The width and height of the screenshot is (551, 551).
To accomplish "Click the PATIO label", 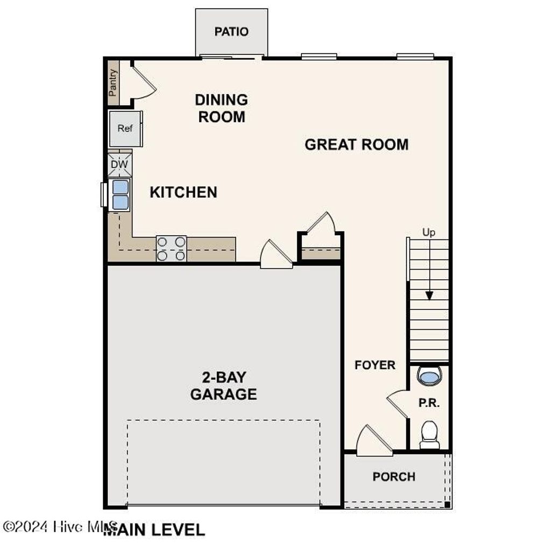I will click(231, 32).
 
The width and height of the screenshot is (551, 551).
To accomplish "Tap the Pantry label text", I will click(113, 83).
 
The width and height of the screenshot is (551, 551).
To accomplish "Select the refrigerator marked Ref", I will click(125, 129).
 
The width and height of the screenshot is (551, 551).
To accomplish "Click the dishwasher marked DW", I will click(119, 164).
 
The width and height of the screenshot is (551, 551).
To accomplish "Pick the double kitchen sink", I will click(120, 194).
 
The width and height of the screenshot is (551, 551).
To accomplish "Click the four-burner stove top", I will click(171, 249).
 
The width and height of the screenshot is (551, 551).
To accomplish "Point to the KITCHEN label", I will click(183, 192).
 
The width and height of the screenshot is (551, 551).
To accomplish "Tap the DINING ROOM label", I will click(221, 108).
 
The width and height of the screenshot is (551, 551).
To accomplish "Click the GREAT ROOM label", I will click(356, 144).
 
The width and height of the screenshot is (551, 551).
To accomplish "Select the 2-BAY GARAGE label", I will click(223, 385).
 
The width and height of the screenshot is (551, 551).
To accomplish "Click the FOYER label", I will click(375, 365).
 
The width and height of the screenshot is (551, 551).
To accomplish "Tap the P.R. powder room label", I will click(429, 403).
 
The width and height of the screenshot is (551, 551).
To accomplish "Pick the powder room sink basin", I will click(429, 376).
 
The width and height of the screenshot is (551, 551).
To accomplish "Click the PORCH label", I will click(394, 477).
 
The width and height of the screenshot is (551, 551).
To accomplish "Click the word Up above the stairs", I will click(428, 232).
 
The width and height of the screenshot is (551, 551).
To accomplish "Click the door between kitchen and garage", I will click(276, 255).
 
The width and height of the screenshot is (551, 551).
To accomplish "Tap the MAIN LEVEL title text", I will click(154, 529).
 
